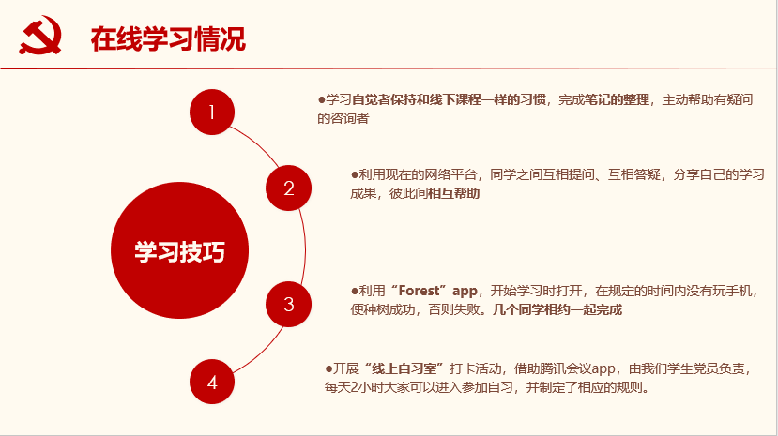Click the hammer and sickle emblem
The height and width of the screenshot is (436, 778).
pos(40,35)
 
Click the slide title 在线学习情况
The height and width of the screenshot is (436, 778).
pos(168,39)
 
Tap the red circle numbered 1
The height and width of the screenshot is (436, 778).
pos(212,112)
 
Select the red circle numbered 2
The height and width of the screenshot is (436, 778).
pos(288,188)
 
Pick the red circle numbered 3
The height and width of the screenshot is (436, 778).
pos(288,304)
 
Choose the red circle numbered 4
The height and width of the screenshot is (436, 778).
pos(212,382)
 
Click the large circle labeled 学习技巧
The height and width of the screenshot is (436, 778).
pos(179,250)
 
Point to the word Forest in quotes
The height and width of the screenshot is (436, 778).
pos(420,291)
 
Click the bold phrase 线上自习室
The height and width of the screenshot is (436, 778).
pos(404,368)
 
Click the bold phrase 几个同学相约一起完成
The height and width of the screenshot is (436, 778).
pos(557,309)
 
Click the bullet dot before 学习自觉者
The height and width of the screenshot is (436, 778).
pos(321,100)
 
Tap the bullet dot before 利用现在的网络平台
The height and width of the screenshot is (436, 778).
pos(354,174)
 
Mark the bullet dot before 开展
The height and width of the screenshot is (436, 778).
pos(328,368)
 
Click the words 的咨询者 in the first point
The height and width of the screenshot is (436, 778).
pos(343,118)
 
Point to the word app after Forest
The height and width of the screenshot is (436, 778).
pos(465,292)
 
